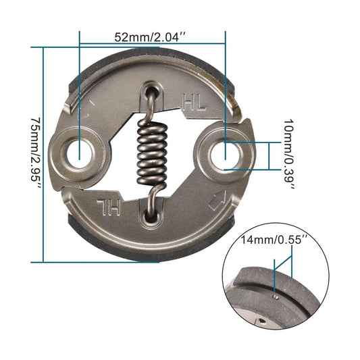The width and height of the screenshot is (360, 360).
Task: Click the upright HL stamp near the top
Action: [x=191, y=104]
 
